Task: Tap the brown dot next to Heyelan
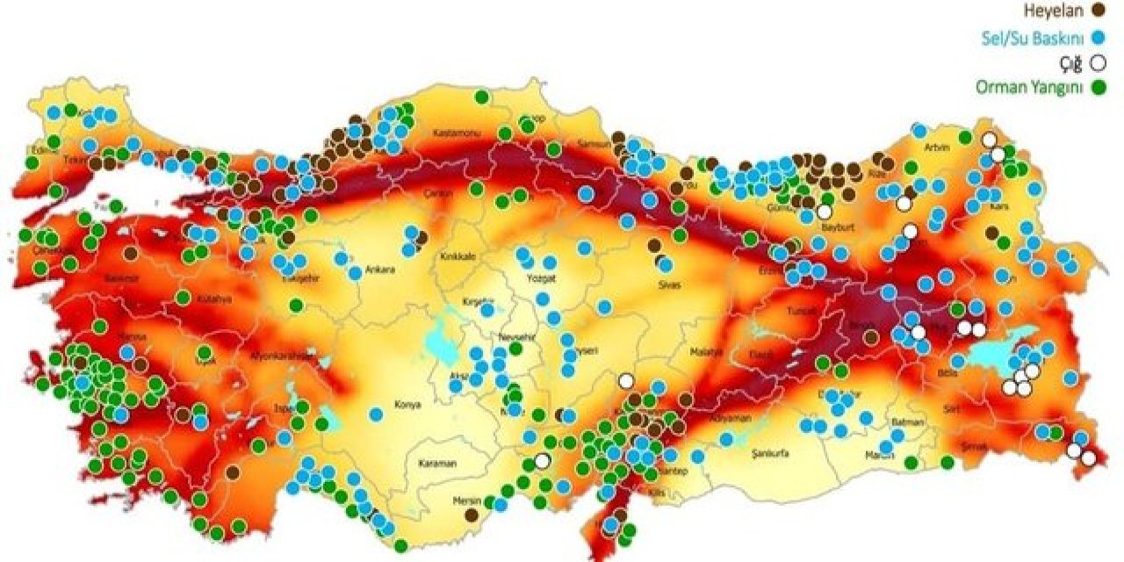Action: point(1097,11)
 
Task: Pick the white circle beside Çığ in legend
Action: point(1097,62)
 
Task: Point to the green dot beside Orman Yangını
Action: point(1097,87)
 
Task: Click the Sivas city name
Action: point(669,285)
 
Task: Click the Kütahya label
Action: point(214,299)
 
